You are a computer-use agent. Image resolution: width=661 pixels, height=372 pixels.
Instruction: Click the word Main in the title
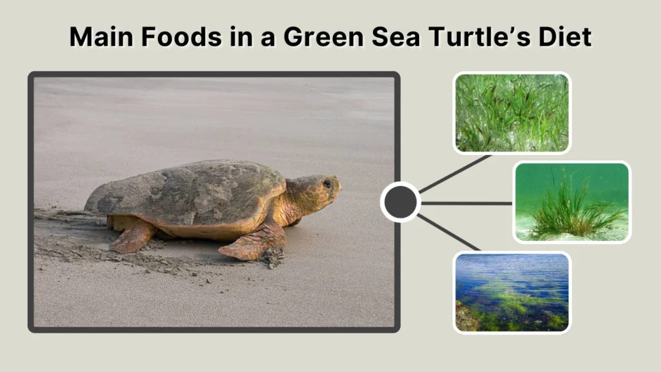tap(98, 37)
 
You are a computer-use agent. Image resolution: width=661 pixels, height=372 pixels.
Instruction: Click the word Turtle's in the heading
tap(477, 37)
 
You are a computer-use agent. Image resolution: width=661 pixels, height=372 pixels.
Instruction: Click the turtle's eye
tap(327, 184)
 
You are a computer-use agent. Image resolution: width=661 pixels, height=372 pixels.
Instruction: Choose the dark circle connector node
tap(400, 203)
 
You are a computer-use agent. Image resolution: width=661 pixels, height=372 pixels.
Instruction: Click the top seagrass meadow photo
tap(512, 113)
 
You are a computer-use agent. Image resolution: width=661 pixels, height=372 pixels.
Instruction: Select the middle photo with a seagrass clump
tap(572, 202)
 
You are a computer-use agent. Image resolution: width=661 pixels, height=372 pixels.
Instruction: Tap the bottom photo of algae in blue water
tap(512, 293)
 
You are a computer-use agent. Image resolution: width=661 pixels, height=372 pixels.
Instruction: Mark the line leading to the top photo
tap(455, 173)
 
